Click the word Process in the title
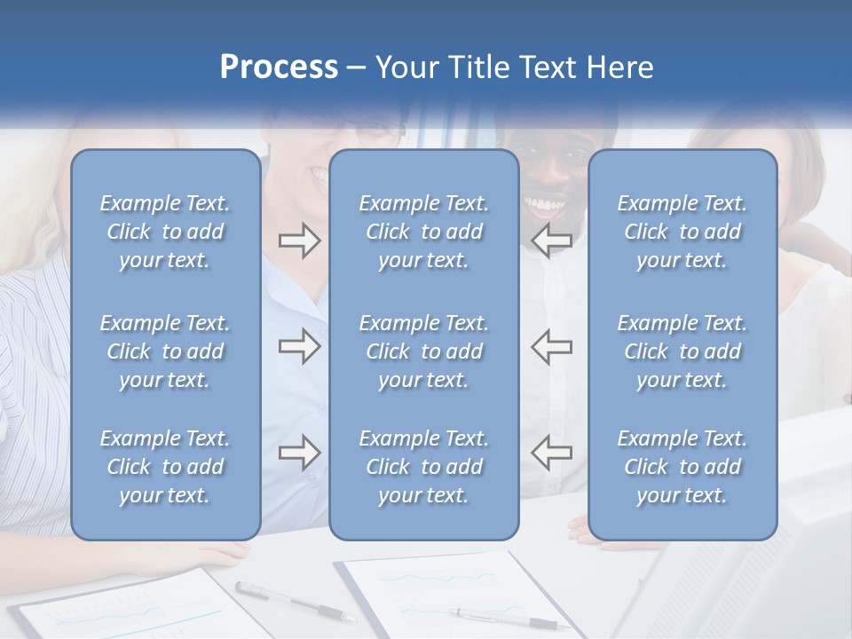tap(279, 67)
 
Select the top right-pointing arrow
tap(299, 241)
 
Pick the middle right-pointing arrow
tap(299, 346)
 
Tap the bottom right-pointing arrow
tap(299, 453)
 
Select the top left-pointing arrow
tap(551, 241)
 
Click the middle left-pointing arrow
tap(551, 346)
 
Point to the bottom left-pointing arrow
tap(551, 453)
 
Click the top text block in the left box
tap(165, 232)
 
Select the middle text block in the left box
tap(165, 351)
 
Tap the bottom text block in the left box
tap(165, 467)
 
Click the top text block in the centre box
tap(423, 232)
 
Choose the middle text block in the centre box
tap(423, 351)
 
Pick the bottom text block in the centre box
tap(423, 467)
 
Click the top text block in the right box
tap(682, 232)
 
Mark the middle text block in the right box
tap(682, 351)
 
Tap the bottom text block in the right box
tap(682, 467)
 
